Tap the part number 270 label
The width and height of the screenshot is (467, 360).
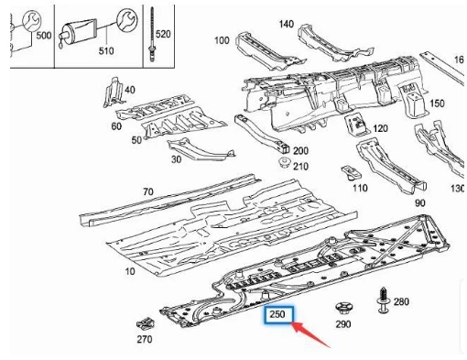[x=143, y=339]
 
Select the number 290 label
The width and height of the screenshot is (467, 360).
[x=342, y=324]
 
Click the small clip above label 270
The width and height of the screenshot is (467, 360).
[x=143, y=322]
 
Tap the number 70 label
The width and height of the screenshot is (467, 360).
[x=147, y=191]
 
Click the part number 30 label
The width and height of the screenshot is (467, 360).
[x=176, y=158]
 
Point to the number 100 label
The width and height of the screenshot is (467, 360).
[x=221, y=41]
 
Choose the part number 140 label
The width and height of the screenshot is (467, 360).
[x=287, y=23]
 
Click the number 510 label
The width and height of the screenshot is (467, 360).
[x=106, y=50]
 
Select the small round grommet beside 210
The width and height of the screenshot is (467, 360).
[x=285, y=163]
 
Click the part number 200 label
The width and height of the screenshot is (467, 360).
[x=300, y=150]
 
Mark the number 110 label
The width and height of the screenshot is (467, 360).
[x=360, y=188]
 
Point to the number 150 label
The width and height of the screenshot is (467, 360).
[x=438, y=104]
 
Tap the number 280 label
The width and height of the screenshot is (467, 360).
[x=401, y=301]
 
